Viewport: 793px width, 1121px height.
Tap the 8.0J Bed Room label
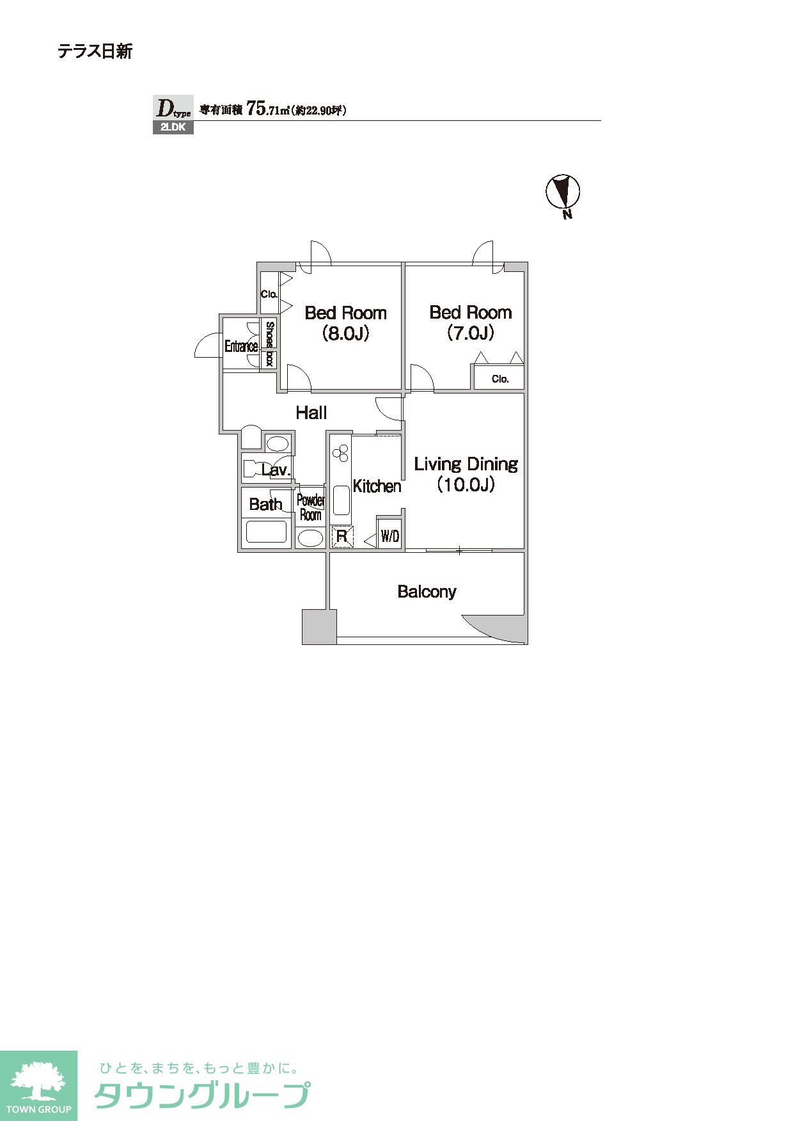click(346, 322)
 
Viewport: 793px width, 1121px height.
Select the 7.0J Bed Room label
click(471, 322)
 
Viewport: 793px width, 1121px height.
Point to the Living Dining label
click(466, 474)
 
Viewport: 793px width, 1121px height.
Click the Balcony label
click(427, 591)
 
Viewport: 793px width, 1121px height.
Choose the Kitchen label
click(377, 486)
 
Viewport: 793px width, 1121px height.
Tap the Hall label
click(311, 413)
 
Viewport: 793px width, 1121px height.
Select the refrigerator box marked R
click(342, 536)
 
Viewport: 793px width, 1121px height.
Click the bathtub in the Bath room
click(266, 532)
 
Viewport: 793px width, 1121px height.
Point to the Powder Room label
click(311, 507)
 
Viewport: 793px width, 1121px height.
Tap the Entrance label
click(241, 347)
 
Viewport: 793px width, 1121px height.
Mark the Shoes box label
click(269, 344)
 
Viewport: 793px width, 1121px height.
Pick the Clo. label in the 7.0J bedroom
click(500, 379)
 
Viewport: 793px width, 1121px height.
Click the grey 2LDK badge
click(173, 127)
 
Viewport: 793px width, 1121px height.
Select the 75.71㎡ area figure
click(268, 109)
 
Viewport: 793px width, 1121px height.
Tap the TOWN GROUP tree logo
click(38, 1085)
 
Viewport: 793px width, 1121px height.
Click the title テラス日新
click(95, 51)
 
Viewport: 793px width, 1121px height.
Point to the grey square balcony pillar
click(319, 626)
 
